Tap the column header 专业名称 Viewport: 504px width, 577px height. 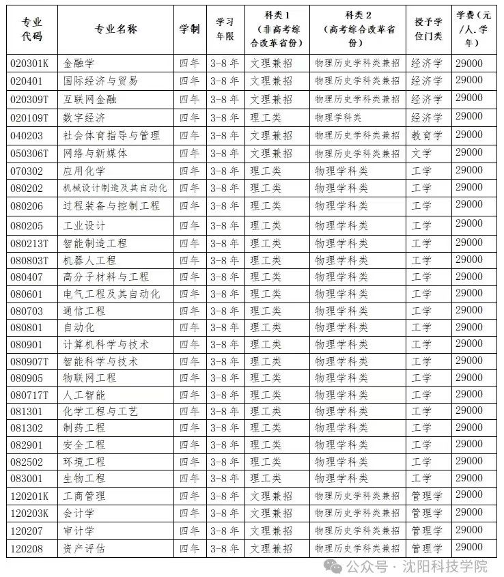(115, 29)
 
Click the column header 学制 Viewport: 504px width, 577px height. (190, 29)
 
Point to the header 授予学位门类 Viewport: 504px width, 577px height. (428, 29)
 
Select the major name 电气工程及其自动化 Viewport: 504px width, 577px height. (111, 294)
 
